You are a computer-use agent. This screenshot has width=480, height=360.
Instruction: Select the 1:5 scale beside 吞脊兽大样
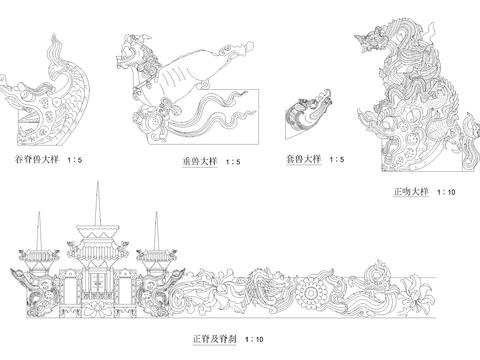coord(76,159)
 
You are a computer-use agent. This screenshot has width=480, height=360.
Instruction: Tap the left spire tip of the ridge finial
coord(38,212)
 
